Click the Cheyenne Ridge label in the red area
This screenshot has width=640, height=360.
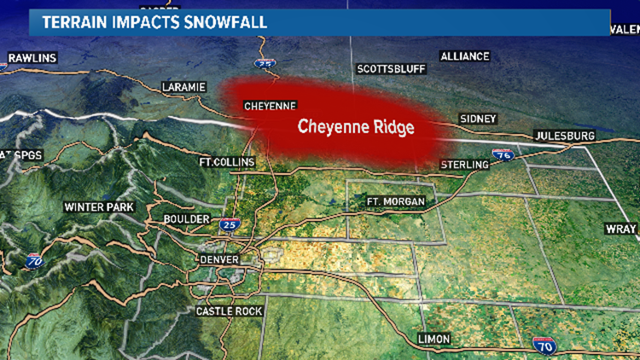click(x=355, y=127)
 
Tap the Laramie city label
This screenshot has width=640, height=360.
click(x=184, y=87)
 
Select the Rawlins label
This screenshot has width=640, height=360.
click(x=32, y=58)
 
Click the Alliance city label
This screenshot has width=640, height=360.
click(x=464, y=56)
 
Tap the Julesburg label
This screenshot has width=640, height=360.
click(x=561, y=136)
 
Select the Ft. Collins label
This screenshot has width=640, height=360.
click(x=219, y=162)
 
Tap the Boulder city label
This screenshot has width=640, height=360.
click(x=187, y=219)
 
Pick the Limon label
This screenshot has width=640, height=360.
click(x=433, y=339)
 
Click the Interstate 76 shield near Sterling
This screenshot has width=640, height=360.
click(x=503, y=155)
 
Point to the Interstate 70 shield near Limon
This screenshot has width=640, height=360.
click(x=544, y=345)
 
